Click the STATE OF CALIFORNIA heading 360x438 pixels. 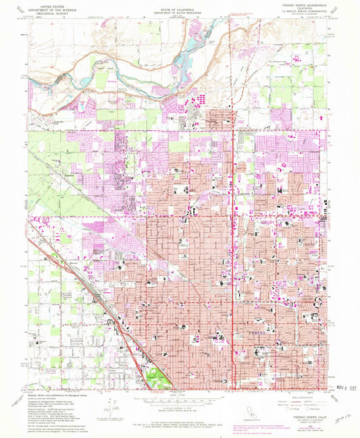pyautogui.click(x=179, y=6)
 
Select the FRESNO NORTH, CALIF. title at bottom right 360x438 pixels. pyautogui.click(x=303, y=420)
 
